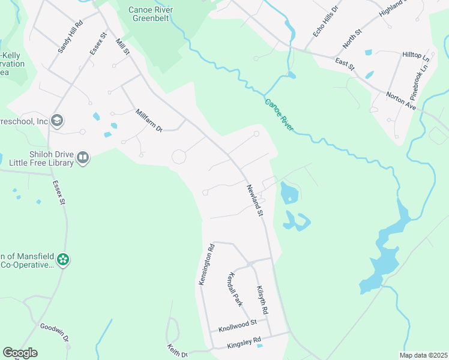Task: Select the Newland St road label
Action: [x=255, y=200]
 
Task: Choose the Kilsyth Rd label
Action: [x=261, y=301]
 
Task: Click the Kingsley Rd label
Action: [x=244, y=340]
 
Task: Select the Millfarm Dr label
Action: [x=149, y=120]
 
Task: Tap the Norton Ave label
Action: [x=402, y=97]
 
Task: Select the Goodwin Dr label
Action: [x=55, y=332]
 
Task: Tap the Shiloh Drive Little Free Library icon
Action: [x=83, y=158]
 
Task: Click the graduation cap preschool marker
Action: [x=57, y=121]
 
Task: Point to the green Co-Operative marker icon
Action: [x=63, y=260]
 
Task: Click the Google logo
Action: [x=20, y=353]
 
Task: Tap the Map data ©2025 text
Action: [x=423, y=355]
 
